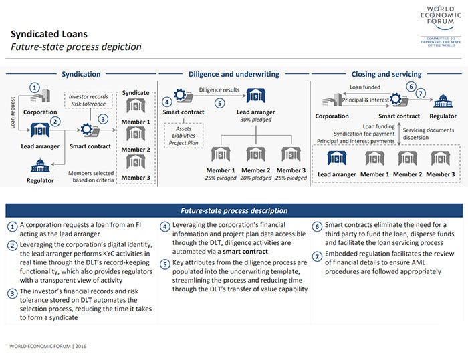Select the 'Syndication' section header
[x=81, y=74]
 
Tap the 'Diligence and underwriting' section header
[x=233, y=74]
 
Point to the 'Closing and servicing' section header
[x=386, y=74]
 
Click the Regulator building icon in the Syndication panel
[x=40, y=165]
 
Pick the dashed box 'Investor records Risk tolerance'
[x=89, y=100]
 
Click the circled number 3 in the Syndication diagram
[x=102, y=118]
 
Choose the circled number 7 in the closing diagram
[x=421, y=93]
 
